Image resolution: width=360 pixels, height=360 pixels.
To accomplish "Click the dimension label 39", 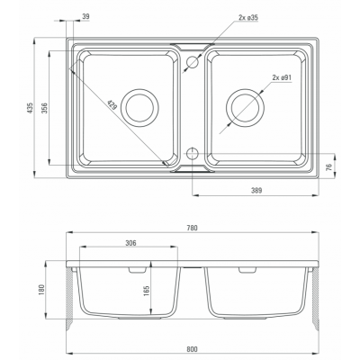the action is click(x=85, y=17).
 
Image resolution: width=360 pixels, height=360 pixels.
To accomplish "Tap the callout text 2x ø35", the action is click(x=248, y=17).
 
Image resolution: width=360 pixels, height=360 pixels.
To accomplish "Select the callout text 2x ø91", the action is click(x=282, y=77).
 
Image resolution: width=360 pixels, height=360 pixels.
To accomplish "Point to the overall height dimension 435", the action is click(x=30, y=108).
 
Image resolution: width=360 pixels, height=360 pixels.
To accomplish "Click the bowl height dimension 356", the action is click(x=44, y=108).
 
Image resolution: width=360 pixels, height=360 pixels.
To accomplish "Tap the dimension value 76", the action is click(x=328, y=166).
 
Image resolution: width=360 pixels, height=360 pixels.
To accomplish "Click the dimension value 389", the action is click(x=256, y=190).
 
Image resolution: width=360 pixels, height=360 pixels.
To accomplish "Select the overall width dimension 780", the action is click(x=192, y=228).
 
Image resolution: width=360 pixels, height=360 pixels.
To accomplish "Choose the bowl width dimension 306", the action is click(x=130, y=243).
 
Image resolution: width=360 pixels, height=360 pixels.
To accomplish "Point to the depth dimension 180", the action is click(x=41, y=290).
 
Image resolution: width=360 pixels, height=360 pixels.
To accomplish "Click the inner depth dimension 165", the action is click(x=147, y=291).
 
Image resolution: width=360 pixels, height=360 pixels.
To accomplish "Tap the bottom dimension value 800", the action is click(x=192, y=349).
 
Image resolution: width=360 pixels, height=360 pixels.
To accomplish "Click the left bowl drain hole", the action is click(x=139, y=108).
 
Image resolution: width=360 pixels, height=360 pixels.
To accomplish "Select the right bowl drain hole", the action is click(x=245, y=108).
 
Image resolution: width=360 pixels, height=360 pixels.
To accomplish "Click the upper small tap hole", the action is click(x=193, y=62).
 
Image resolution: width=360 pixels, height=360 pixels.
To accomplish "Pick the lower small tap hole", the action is click(x=193, y=153).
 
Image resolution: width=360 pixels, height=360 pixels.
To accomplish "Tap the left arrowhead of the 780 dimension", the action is click(x=69, y=232).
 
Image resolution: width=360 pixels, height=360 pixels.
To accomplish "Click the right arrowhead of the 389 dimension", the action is click(x=315, y=195).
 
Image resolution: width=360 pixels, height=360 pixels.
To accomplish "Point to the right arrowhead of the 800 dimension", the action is click(x=315, y=353).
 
